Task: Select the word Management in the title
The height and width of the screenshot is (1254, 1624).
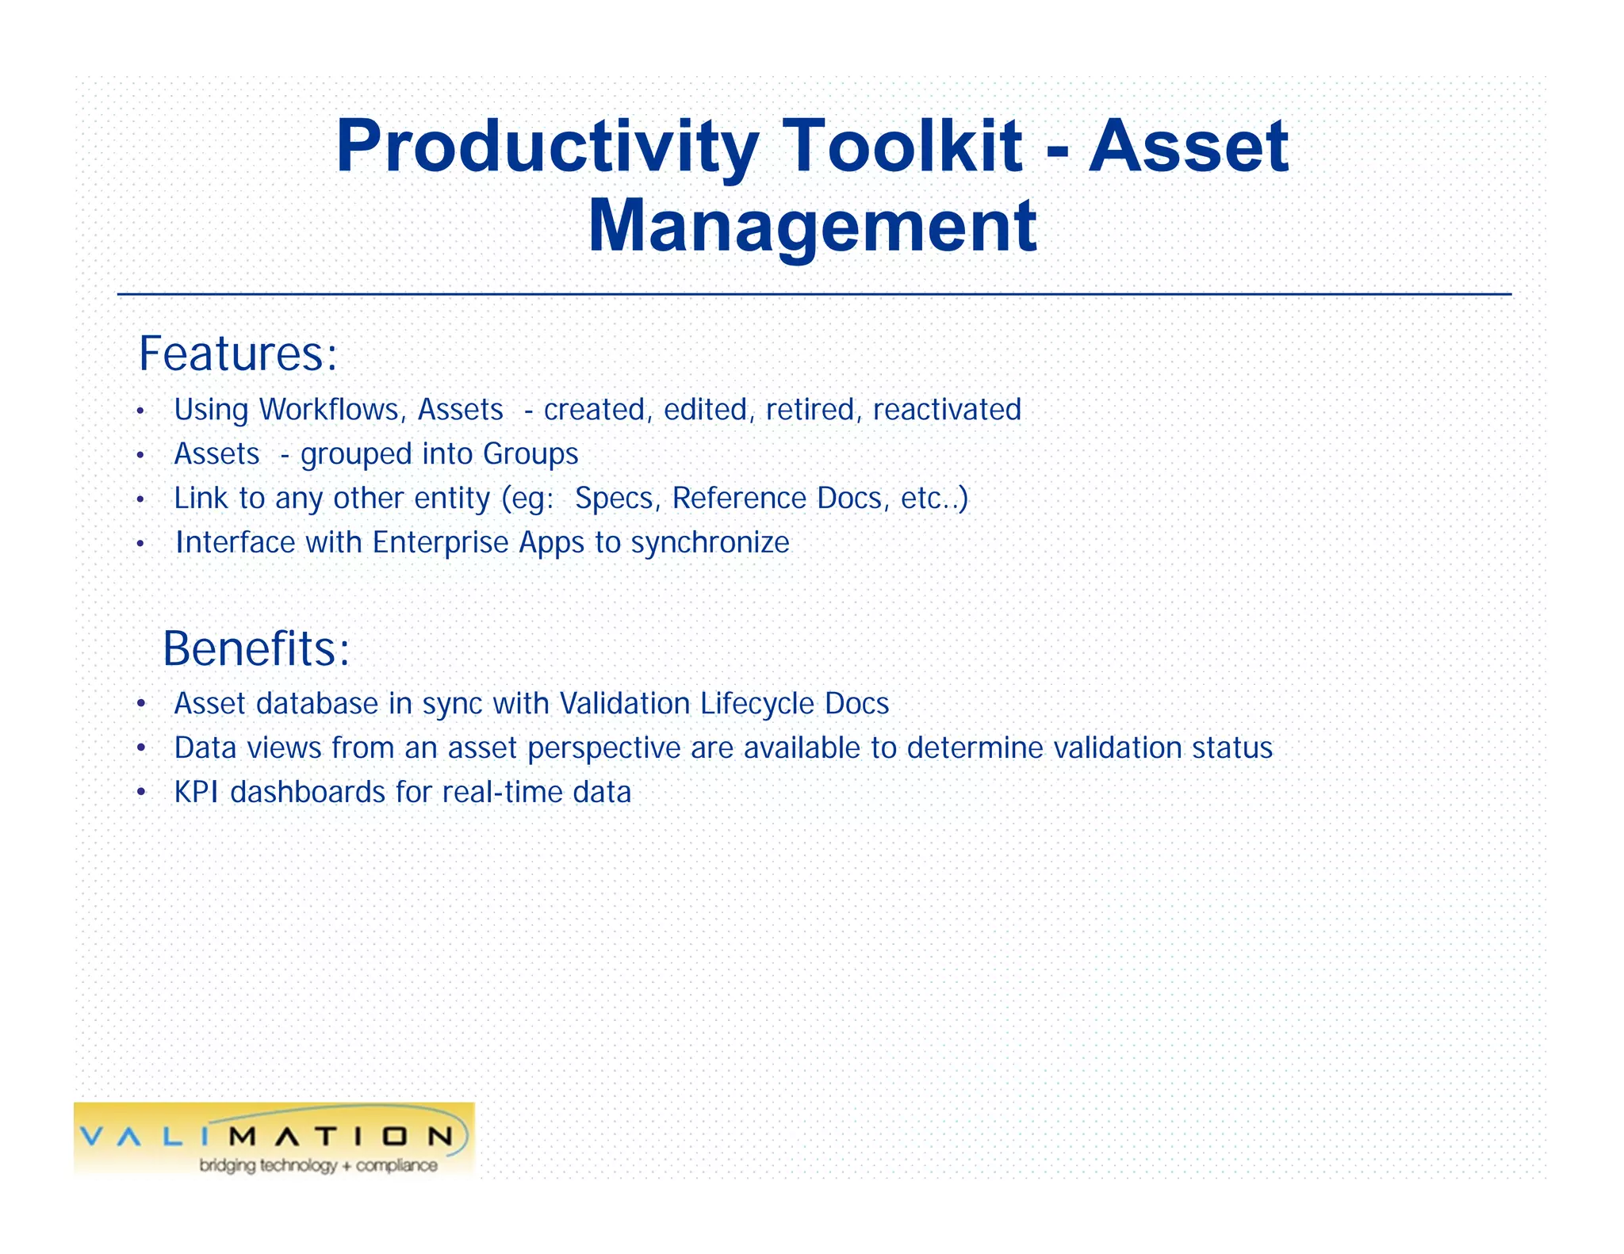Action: click(812, 227)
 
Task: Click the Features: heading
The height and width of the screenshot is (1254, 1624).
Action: click(238, 354)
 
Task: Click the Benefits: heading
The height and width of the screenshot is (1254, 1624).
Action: click(255, 648)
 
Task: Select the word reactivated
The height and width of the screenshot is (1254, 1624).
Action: click(947, 410)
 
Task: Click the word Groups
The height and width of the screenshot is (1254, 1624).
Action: click(530, 454)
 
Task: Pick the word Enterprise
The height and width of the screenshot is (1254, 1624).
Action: click(440, 543)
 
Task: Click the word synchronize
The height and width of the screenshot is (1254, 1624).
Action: click(710, 543)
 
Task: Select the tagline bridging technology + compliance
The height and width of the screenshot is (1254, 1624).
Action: click(318, 1165)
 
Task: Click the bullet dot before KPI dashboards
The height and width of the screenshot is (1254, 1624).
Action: click(141, 793)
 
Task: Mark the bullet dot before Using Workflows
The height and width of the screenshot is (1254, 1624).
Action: click(140, 411)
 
